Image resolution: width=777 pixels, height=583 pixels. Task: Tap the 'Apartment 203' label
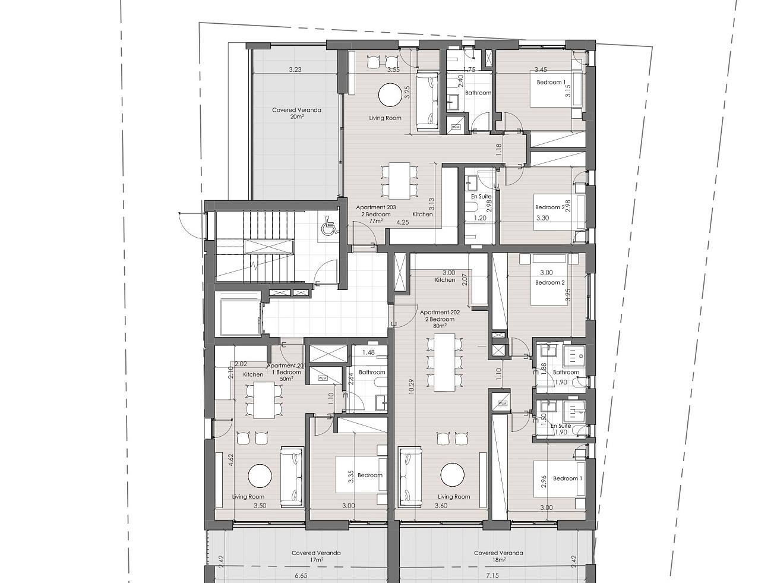[375, 207]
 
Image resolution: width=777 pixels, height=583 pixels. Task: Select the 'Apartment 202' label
[440, 312]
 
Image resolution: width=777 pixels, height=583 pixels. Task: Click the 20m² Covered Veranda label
[296, 114]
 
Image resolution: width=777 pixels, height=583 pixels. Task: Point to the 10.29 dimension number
[410, 386]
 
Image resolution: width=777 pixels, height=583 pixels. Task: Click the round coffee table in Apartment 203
[390, 94]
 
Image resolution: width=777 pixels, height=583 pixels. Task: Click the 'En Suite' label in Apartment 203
[481, 197]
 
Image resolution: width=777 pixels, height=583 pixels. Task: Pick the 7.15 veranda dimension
[492, 575]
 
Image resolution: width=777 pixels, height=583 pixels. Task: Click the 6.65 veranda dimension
[301, 575]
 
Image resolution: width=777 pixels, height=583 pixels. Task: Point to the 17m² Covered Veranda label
[316, 556]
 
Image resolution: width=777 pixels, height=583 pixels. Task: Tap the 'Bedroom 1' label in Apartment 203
[551, 82]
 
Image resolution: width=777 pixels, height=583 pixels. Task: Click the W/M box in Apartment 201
[323, 378]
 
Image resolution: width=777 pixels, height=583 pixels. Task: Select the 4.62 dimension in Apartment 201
[231, 460]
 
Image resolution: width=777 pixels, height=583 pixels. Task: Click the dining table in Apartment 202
[444, 362]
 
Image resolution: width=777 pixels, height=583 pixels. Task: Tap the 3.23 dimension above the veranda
[295, 70]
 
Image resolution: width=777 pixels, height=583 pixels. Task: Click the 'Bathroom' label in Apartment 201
[372, 372]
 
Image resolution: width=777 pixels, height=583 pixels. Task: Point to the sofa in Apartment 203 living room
[427, 101]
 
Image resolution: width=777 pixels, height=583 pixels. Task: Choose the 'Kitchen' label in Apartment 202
[445, 280]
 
